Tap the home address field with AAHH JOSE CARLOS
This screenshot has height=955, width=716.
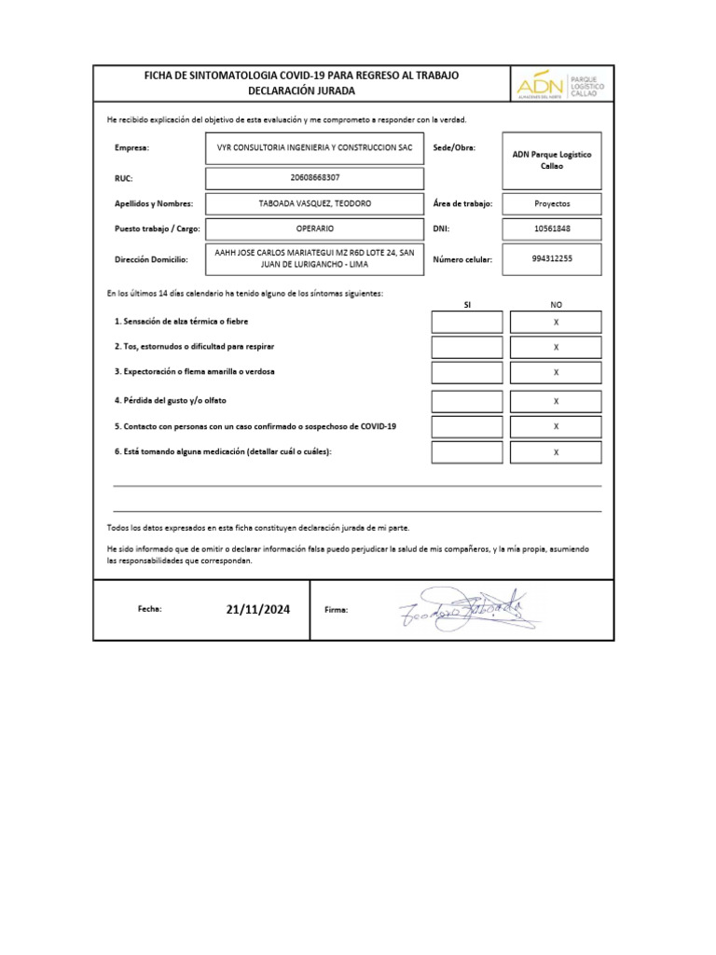point(315,258)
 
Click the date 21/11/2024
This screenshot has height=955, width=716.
point(257,609)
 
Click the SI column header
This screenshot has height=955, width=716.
point(467,304)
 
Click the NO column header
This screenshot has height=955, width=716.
point(556,304)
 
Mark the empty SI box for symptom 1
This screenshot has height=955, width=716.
point(467,322)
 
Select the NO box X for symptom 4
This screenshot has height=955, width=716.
point(556,401)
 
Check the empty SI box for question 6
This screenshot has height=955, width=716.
point(467,452)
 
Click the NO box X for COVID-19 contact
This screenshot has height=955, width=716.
point(556,426)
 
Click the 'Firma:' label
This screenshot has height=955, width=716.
point(336,610)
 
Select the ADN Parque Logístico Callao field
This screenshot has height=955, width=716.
point(552,159)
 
